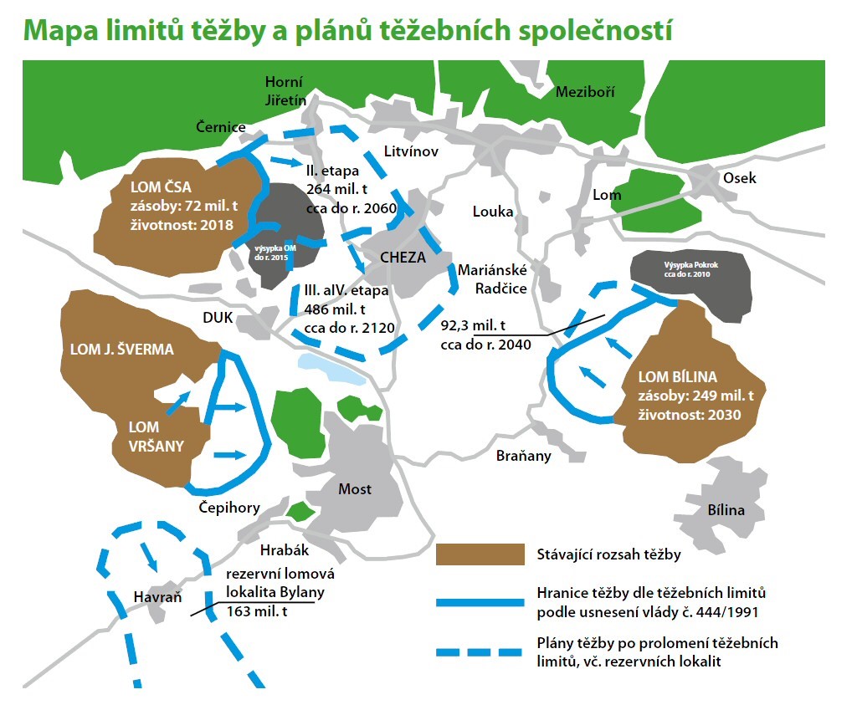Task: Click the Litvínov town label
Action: [412, 152]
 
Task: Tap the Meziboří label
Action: [585, 92]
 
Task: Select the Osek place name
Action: [739, 178]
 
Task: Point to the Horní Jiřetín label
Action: [284, 91]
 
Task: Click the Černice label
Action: [221, 127]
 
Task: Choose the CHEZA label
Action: [403, 258]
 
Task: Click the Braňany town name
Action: [524, 456]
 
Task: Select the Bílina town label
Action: [726, 510]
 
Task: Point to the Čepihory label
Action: [229, 508]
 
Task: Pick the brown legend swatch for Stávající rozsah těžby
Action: [480, 554]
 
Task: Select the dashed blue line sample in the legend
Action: [480, 651]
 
